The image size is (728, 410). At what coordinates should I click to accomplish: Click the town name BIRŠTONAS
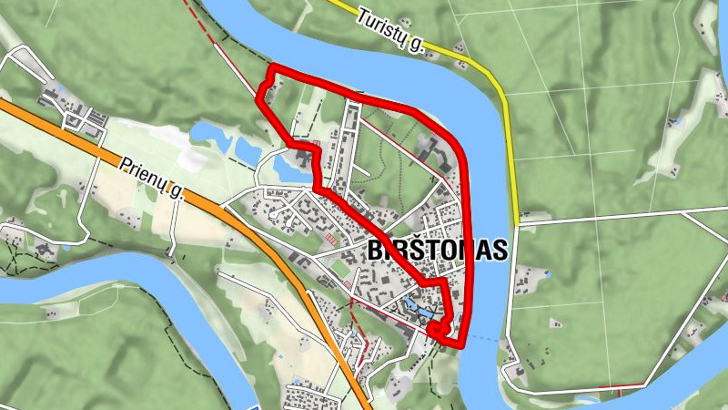[437, 251]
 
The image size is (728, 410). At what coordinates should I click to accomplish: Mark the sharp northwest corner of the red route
[272, 69]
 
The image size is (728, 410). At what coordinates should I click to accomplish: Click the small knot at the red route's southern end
[439, 330]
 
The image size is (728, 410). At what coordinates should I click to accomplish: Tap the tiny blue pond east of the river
[679, 120]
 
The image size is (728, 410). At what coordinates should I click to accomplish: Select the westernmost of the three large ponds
[211, 136]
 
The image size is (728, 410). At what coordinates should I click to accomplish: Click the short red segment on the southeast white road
[620, 392]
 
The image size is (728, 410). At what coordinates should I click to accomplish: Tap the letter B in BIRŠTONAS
[376, 251]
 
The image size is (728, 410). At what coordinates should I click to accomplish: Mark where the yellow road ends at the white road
[519, 220]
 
